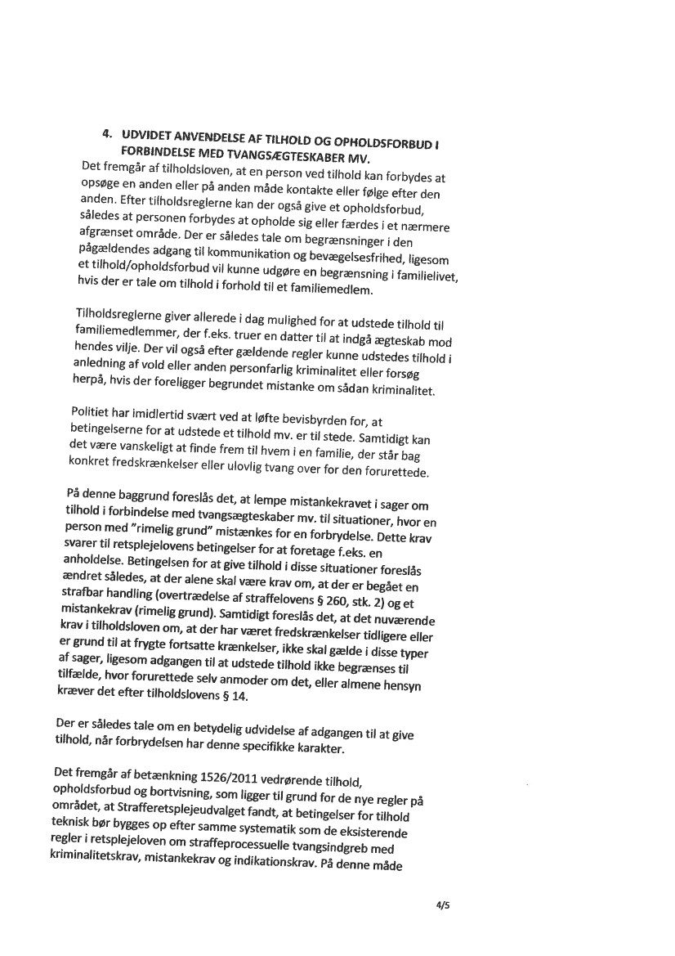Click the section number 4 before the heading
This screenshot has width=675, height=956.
pyautogui.click(x=105, y=132)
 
